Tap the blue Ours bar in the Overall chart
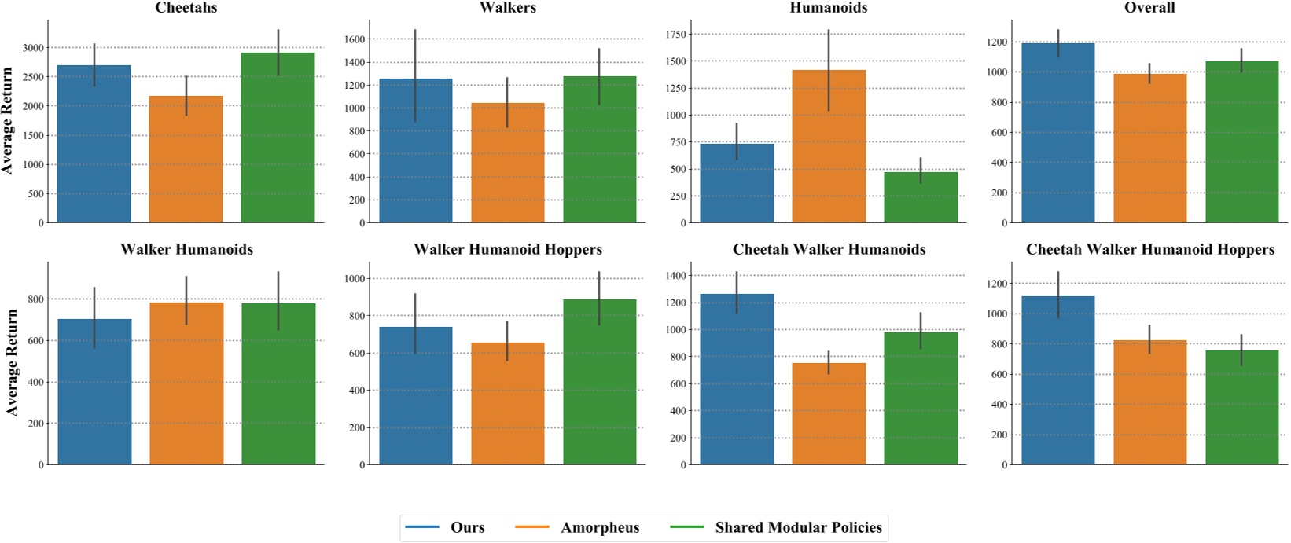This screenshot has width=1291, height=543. click(1057, 133)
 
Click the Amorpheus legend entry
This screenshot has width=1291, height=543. click(600, 527)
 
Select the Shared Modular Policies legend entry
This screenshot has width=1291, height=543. click(798, 527)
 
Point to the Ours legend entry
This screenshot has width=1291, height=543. click(467, 527)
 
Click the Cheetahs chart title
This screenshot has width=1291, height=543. click(186, 8)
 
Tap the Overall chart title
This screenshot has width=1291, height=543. click(1149, 8)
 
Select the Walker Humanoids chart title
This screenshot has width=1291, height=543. click(186, 250)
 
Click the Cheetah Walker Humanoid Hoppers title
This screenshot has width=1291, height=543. click(1149, 250)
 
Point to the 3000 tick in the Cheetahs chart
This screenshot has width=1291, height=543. click(33, 48)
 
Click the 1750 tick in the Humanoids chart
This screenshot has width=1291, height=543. click(675, 35)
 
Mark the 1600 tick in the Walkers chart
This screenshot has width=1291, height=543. click(355, 39)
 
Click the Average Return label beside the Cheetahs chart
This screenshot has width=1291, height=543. click(8, 120)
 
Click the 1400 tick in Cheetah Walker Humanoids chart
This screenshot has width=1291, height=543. click(675, 276)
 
